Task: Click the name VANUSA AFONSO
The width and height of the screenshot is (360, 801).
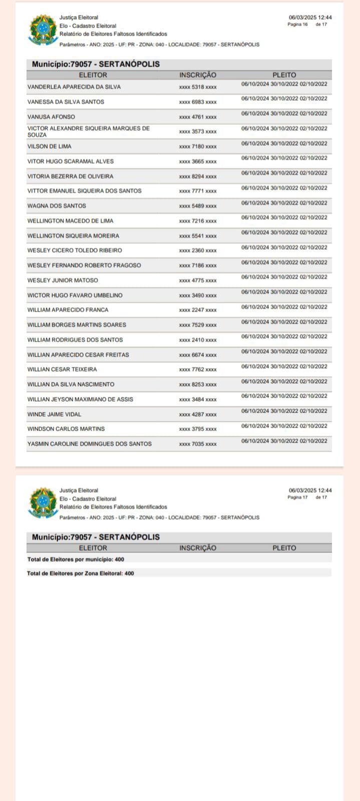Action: pos(51,117)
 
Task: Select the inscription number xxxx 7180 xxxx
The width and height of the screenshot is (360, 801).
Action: pos(198,146)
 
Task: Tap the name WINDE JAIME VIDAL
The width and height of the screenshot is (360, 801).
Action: pos(54,414)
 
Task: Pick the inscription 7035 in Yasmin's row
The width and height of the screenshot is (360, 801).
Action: pos(198,444)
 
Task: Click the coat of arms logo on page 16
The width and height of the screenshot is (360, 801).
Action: pos(43,30)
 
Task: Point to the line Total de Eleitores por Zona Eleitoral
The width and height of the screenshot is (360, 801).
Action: pos(81,573)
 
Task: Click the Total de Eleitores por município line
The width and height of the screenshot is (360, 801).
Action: pos(76,559)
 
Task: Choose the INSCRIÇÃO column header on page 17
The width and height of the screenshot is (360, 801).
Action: pos(198,548)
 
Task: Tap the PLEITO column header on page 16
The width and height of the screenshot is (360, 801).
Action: pos(284,75)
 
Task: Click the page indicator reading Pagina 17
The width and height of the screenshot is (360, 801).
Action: pos(298,497)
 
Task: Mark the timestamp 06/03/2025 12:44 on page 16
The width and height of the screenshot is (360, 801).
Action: pos(310,18)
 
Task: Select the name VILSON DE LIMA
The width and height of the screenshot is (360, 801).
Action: pos(49,146)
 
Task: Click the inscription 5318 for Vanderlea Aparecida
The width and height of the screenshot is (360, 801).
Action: pos(198,87)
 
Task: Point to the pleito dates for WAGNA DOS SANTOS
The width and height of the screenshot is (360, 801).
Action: pos(284,203)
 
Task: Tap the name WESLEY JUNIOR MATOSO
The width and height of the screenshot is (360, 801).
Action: pos(63,280)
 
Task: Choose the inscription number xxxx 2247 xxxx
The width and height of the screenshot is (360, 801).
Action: pos(198,310)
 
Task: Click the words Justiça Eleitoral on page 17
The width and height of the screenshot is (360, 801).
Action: pos(79,491)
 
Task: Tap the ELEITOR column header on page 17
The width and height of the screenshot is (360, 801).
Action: pos(93,548)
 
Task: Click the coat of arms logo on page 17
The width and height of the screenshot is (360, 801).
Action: pos(43,503)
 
